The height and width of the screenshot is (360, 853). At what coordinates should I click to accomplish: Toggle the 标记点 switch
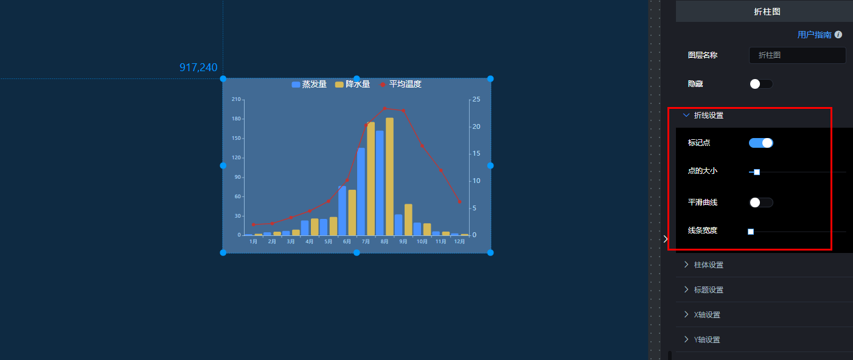(x=761, y=143)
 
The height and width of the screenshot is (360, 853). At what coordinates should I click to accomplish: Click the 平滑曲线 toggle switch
(x=761, y=202)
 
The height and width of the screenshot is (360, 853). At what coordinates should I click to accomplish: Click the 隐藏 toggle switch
(x=761, y=84)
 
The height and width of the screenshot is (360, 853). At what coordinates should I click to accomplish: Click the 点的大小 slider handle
(x=757, y=172)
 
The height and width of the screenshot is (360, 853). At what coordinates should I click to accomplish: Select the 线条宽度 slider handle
(x=751, y=231)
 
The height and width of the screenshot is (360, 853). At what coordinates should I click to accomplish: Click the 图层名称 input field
(x=797, y=55)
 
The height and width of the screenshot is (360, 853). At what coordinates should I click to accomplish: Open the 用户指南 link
(x=814, y=35)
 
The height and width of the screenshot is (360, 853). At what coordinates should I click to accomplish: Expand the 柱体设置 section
(x=708, y=265)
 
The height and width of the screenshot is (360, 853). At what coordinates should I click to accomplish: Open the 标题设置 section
(x=708, y=289)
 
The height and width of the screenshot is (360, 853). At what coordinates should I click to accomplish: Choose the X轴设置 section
(x=707, y=315)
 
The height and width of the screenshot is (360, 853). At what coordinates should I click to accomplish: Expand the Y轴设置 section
(x=707, y=339)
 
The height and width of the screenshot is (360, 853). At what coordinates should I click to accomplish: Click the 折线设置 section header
(x=708, y=116)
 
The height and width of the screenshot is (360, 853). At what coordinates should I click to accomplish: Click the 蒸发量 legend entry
(x=309, y=84)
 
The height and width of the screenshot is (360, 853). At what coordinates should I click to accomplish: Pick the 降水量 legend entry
(x=352, y=84)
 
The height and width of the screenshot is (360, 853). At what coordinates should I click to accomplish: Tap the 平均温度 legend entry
(x=400, y=84)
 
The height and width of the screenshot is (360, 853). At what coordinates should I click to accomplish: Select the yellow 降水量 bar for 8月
(x=389, y=176)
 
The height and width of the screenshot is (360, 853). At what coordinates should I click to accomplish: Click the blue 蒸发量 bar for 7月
(x=361, y=192)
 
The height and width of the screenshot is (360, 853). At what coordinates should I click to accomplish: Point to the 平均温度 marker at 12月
(x=459, y=202)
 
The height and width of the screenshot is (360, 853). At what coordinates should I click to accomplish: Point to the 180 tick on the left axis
(x=236, y=119)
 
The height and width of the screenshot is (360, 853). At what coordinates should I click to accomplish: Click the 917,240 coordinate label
(x=198, y=67)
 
